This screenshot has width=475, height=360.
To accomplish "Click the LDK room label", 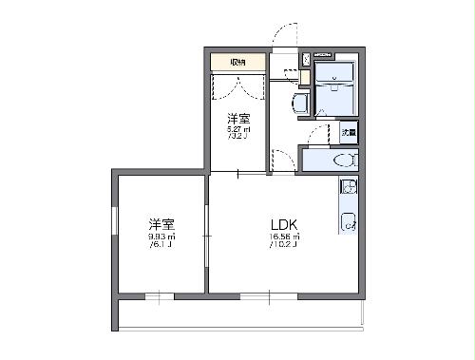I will point(285,224).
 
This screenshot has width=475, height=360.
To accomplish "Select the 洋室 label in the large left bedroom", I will point(161,224).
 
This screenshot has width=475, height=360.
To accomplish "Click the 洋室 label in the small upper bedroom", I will point(237,118).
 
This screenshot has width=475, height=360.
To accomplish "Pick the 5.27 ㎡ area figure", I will point(237,128).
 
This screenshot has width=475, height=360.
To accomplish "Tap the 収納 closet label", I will point(237,63).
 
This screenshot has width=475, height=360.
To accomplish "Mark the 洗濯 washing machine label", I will point(350,134).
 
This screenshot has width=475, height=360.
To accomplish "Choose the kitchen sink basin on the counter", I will point(348,223).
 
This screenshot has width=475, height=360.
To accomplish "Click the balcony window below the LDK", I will point(256,295).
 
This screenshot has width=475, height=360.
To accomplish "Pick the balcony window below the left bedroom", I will point(160,295).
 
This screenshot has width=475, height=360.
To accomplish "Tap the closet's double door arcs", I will point(237,86).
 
